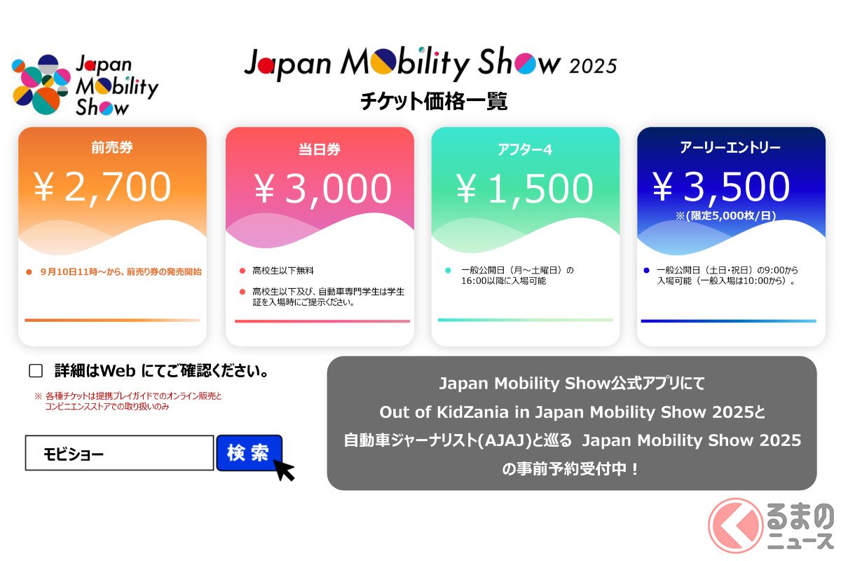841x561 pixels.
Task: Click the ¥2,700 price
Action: [102, 187]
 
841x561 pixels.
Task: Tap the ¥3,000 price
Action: [323, 189]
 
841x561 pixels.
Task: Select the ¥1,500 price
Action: [524, 189]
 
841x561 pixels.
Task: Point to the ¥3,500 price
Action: [721, 187]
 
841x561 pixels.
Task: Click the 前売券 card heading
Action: [112, 147]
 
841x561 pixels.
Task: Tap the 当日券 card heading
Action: [320, 149]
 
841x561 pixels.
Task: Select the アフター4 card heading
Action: [525, 149]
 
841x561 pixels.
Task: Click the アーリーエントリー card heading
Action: [730, 147]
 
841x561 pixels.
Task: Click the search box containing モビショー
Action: [119, 453]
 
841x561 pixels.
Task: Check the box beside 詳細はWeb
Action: [36, 371]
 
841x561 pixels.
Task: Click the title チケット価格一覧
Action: [434, 101]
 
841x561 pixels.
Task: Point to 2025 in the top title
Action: [593, 66]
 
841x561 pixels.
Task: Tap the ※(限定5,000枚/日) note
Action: [726, 216]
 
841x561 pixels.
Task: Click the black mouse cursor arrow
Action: [283, 469]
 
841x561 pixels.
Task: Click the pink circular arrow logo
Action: [735, 525]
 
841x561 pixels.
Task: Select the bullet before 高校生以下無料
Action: [242, 271]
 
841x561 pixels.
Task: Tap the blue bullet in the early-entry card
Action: [646, 270]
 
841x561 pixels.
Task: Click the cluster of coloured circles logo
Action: [41, 85]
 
